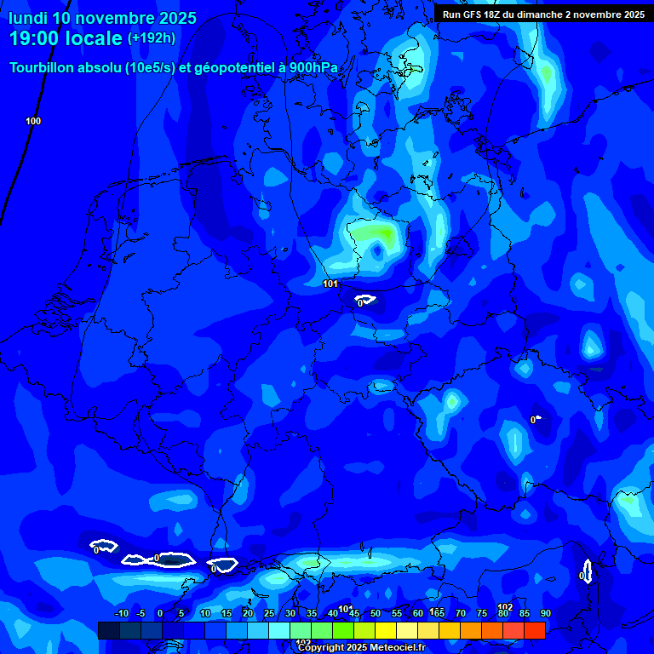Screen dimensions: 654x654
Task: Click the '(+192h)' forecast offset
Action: tap(151, 38)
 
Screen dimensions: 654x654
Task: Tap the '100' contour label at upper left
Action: tap(33, 121)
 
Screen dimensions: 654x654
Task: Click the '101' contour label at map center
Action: tap(331, 284)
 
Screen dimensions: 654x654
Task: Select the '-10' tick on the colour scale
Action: tap(121, 614)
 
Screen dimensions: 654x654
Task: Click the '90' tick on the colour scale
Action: tap(545, 614)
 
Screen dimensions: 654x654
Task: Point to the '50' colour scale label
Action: tap(376, 614)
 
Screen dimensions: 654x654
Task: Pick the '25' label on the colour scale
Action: tap(269, 614)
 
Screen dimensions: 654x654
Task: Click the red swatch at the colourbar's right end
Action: tap(535, 630)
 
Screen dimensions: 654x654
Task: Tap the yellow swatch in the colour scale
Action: tap(386, 630)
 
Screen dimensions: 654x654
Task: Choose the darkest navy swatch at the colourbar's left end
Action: tap(108, 630)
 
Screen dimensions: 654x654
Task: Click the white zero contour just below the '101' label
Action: tap(366, 300)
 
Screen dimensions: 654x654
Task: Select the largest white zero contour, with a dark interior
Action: tap(173, 559)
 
